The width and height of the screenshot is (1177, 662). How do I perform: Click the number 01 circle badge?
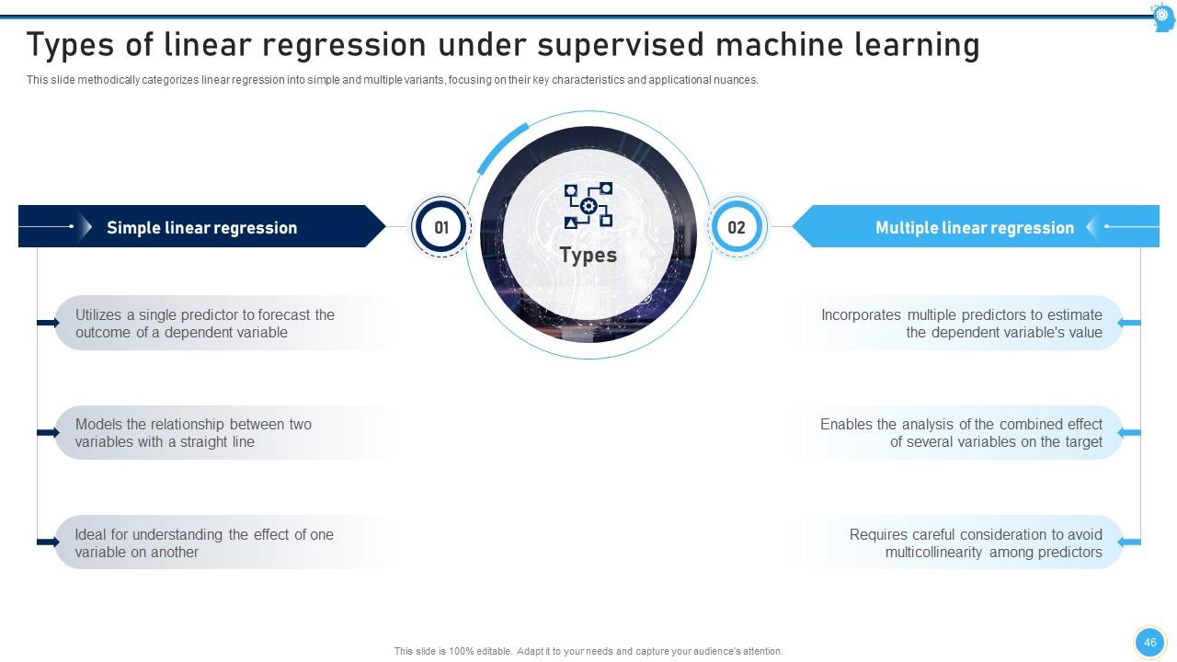click(x=441, y=227)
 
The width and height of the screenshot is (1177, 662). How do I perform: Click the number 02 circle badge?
click(x=736, y=227)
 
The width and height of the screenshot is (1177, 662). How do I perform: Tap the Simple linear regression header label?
click(x=201, y=228)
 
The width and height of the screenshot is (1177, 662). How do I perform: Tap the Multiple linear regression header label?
click(x=974, y=228)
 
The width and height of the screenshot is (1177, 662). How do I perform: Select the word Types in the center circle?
click(x=588, y=255)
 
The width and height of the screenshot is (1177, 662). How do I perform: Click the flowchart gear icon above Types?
click(x=588, y=205)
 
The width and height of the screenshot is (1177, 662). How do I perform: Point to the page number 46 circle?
click(x=1149, y=643)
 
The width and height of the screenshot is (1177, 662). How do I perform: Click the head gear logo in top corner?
click(x=1163, y=17)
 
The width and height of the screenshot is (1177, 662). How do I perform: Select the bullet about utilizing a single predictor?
click(x=204, y=324)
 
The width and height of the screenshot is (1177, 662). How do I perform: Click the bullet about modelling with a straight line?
click(x=193, y=433)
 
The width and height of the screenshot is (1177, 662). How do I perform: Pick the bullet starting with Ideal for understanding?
click(x=203, y=543)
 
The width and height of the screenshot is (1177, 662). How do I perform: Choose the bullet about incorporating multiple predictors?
click(x=961, y=324)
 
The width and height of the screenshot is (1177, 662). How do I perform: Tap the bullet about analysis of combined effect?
click(x=961, y=433)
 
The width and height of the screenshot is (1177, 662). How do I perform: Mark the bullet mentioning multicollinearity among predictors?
click(x=975, y=543)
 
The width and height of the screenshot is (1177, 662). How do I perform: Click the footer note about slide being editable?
click(x=588, y=651)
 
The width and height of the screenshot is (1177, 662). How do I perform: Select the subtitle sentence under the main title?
click(x=393, y=80)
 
